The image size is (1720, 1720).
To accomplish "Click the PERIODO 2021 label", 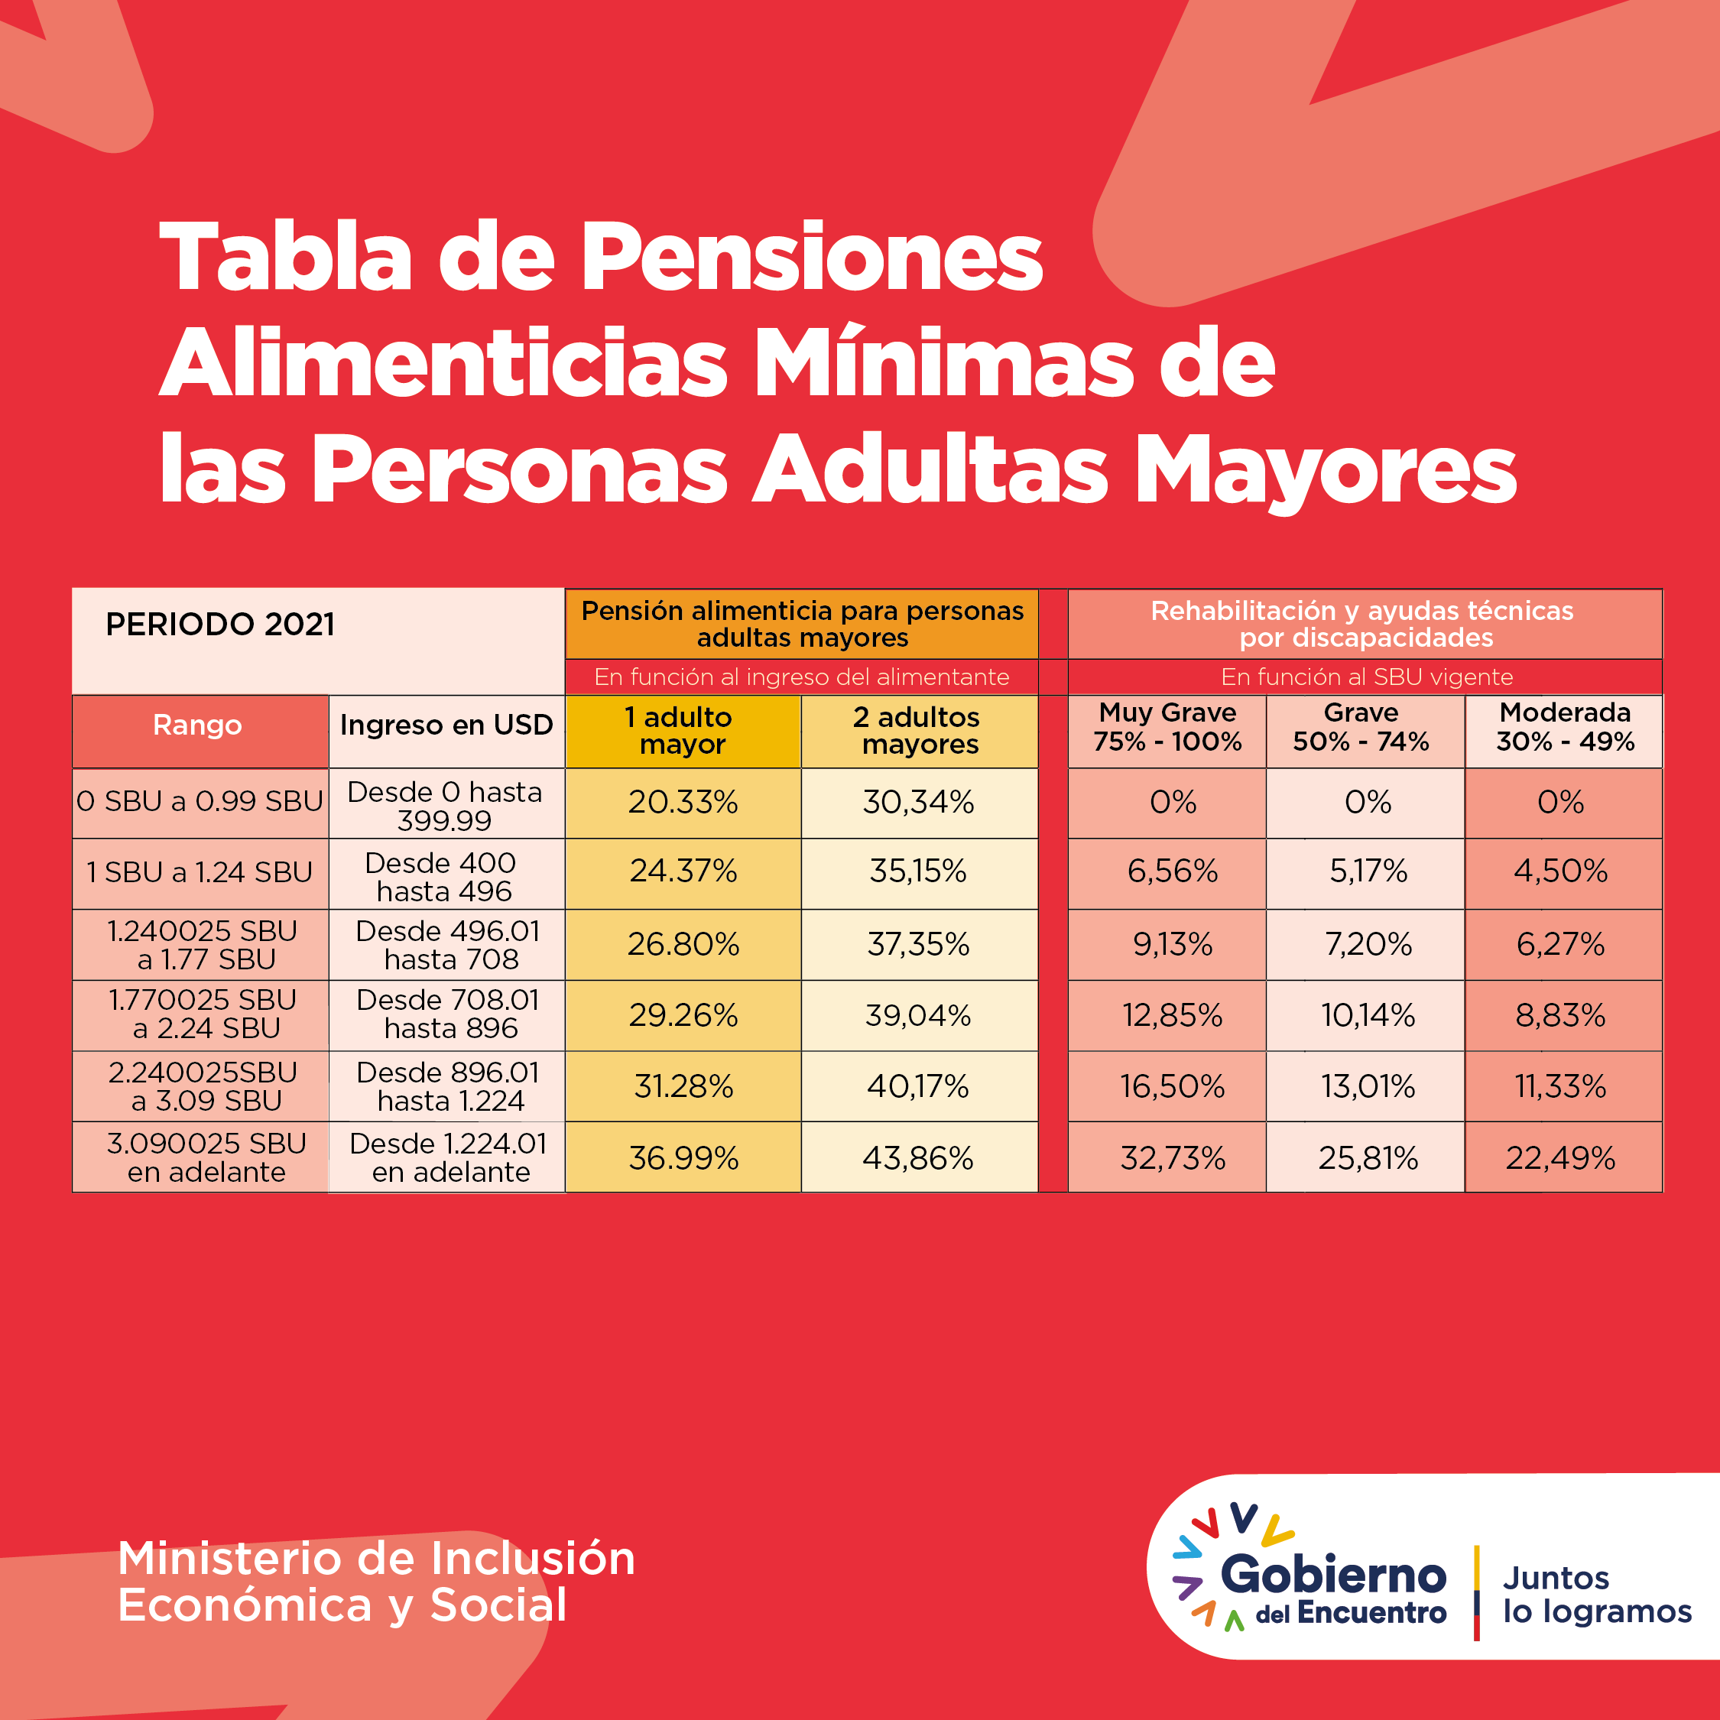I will click(x=220, y=624).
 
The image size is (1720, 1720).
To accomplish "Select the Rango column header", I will click(x=198, y=725).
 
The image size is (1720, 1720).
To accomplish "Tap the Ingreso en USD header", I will click(x=446, y=725).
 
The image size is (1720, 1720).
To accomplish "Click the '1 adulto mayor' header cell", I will click(x=683, y=730).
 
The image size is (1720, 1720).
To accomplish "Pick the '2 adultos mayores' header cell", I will click(x=920, y=730).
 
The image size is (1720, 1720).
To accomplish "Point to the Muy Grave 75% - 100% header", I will click(x=1167, y=726).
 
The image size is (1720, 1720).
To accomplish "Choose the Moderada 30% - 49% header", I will click(x=1564, y=726).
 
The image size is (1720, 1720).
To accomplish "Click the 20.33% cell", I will click(x=683, y=802).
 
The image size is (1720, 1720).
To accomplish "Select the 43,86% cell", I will click(x=918, y=1157).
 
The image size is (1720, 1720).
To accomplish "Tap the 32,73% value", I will click(x=1173, y=1157).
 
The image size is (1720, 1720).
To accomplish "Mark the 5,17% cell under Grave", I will click(x=1368, y=871).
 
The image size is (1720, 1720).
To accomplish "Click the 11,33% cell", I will click(x=1561, y=1086).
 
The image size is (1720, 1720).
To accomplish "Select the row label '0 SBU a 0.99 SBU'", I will click(x=200, y=801).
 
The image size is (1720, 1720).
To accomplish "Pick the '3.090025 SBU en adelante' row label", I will click(x=206, y=1157).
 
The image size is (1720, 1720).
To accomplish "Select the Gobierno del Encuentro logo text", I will click(x=1332, y=1589).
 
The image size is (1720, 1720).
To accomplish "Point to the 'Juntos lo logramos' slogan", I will click(x=1597, y=1595).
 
